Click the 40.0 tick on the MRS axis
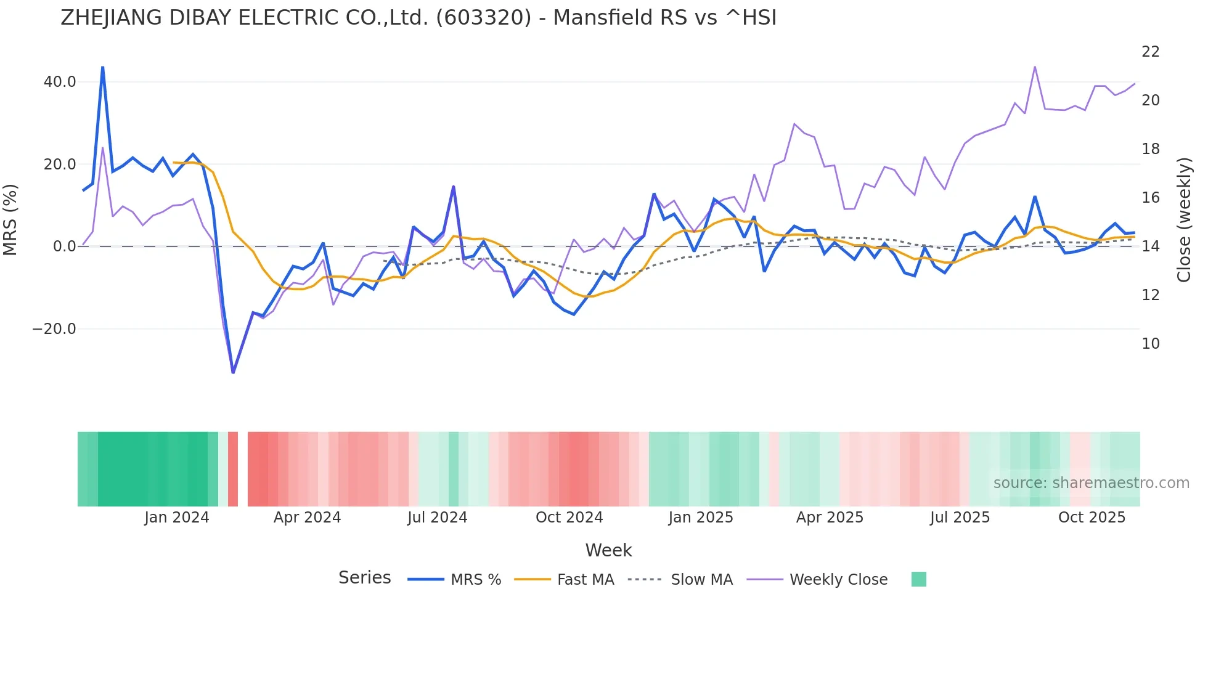(60, 82)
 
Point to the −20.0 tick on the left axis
(54, 329)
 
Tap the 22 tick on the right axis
(1150, 52)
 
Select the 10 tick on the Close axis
(1150, 344)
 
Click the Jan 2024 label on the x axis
(177, 518)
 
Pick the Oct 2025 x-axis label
(1092, 518)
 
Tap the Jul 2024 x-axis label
(437, 518)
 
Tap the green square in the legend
(918, 579)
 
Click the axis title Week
(608, 550)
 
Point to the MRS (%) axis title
(10, 220)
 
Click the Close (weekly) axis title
(1183, 220)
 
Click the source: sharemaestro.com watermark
(1091, 483)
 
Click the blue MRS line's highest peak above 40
(102, 67)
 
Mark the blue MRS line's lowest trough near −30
(233, 372)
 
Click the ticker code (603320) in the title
(483, 18)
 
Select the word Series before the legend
(364, 578)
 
